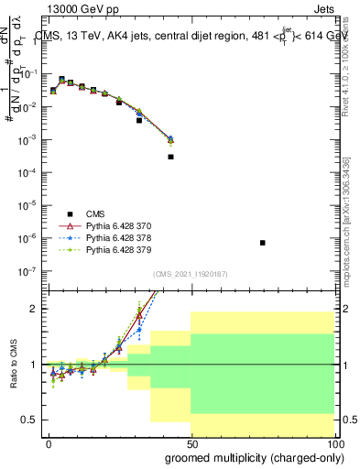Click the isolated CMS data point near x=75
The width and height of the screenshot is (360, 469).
263,243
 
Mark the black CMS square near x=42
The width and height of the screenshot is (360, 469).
170,157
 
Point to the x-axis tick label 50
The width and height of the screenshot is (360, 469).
191,443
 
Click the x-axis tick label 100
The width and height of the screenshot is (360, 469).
332,443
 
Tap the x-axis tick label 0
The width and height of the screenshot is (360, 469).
49,443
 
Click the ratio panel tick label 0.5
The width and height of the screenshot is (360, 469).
30,420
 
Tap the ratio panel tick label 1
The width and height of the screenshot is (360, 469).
34,365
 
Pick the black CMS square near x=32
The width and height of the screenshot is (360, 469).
139,120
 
